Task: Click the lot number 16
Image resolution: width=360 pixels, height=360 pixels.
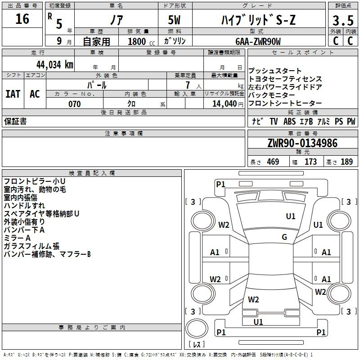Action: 22,19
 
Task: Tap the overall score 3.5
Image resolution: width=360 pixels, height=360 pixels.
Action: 343,20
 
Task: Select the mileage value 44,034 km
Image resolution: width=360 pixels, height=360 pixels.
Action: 54,65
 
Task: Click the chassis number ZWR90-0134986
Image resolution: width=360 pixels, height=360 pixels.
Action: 302,143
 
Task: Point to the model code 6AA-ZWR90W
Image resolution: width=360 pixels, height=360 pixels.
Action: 258,41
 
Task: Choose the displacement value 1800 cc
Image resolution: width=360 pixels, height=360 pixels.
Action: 141,41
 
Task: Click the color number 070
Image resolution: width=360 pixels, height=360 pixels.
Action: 75,104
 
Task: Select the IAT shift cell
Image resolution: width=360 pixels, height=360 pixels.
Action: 13,94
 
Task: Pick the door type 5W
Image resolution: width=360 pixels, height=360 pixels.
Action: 174,20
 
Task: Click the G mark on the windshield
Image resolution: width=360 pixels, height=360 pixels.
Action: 284,237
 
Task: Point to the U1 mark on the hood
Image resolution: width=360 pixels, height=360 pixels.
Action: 291,216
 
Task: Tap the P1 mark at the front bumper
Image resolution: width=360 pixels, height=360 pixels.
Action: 220,184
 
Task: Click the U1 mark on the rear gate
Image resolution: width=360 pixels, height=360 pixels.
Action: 258,322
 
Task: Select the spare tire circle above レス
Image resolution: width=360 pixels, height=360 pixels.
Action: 197,328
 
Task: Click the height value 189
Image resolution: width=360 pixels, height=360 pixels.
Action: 346,162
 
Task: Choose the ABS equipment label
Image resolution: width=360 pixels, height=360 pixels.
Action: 289,121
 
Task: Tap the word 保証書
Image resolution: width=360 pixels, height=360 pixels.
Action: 15,121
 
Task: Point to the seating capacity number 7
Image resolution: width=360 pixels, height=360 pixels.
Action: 188,85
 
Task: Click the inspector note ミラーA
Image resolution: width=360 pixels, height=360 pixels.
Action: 17,238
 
